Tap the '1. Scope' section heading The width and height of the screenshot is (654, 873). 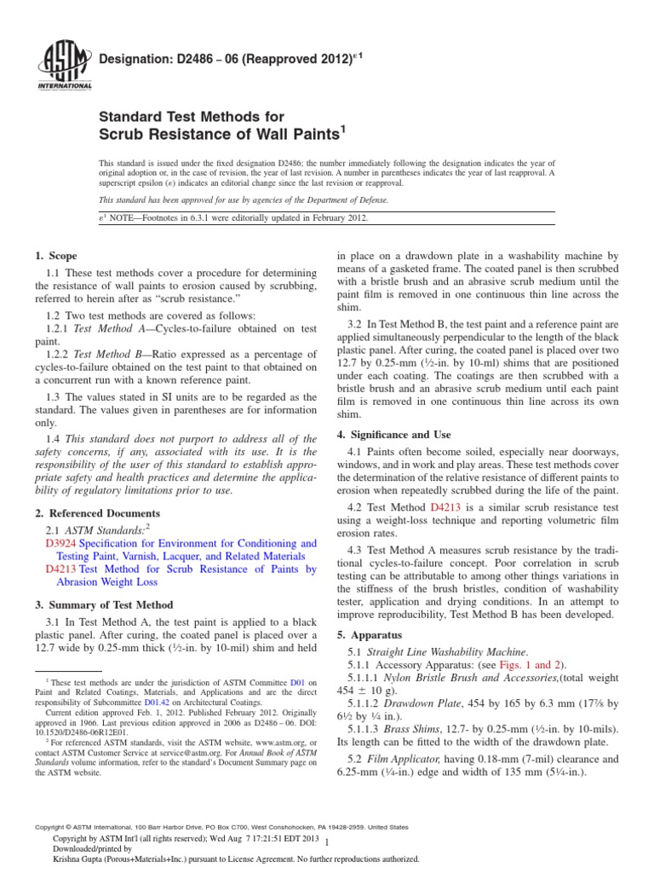point(55,256)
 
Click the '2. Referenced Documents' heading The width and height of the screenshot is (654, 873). point(96,513)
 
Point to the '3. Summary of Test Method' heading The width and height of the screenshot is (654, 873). point(103,604)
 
